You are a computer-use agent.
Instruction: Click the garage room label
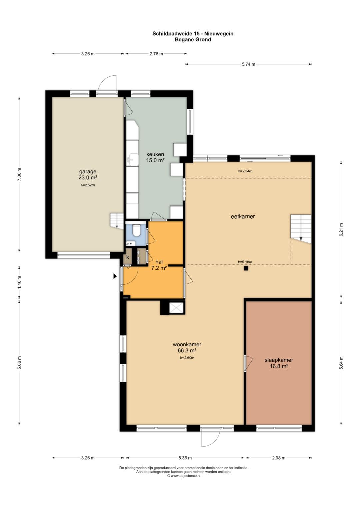(88, 175)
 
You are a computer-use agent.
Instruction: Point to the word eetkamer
(243, 217)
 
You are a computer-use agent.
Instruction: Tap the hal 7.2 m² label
(159, 265)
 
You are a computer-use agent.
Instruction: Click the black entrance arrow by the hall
(115, 276)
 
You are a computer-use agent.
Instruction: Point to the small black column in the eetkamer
(246, 268)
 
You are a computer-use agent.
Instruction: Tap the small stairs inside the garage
(117, 220)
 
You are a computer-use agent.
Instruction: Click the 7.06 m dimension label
(19, 174)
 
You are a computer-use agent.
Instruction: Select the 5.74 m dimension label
(249, 64)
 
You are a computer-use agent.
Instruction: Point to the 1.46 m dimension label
(19, 282)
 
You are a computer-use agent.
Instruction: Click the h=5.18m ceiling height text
(245, 262)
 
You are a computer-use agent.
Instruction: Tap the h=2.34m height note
(245, 171)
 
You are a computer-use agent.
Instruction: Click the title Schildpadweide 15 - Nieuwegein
(193, 34)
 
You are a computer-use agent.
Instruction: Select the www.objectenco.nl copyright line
(184, 475)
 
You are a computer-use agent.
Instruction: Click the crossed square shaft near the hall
(176, 308)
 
